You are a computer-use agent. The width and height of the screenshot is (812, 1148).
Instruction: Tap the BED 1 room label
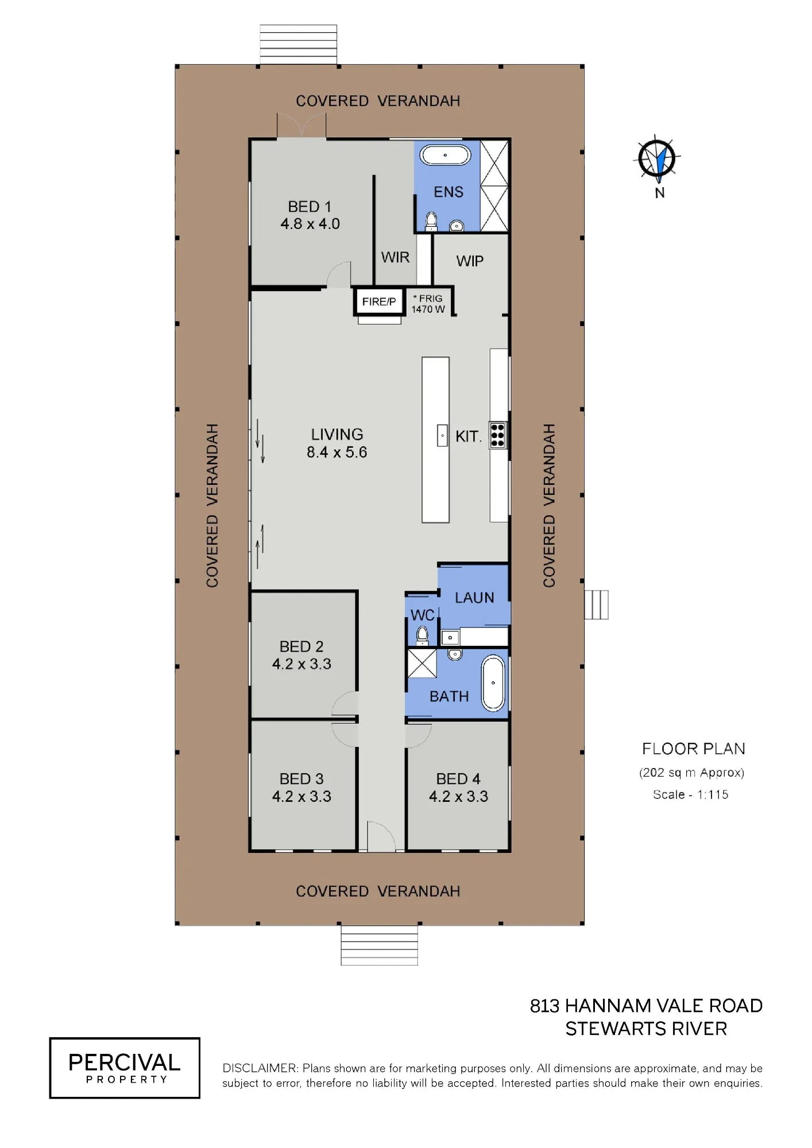point(310,207)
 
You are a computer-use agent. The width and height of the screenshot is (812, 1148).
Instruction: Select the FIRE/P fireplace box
point(378,301)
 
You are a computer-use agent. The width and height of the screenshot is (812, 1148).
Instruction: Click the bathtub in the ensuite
point(446,155)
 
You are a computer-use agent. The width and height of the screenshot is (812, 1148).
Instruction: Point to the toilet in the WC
point(422,635)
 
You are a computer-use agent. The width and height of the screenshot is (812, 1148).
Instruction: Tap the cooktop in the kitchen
point(497,435)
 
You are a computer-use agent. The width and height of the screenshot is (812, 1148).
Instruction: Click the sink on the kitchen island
point(442,436)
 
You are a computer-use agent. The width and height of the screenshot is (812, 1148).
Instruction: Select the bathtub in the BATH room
point(493,684)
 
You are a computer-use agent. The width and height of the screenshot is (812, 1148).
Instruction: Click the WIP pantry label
point(470,261)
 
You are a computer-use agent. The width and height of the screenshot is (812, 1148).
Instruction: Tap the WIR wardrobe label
point(395,257)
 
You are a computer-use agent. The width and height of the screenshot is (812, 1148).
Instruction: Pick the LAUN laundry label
point(474,598)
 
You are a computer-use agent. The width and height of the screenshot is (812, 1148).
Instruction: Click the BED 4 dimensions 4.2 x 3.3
point(458,796)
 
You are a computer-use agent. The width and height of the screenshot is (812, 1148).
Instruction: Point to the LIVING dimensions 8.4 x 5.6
point(337,452)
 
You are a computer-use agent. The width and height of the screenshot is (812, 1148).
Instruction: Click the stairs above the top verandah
point(298,45)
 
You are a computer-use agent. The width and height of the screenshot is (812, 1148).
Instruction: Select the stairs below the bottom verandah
point(379,945)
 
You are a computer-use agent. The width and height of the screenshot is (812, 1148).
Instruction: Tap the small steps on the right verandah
point(596,604)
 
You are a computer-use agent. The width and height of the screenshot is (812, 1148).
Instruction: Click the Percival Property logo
point(125,1068)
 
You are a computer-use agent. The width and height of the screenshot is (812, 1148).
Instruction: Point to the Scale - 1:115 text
point(690,794)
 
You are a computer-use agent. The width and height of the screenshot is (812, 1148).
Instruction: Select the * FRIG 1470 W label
point(428,304)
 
